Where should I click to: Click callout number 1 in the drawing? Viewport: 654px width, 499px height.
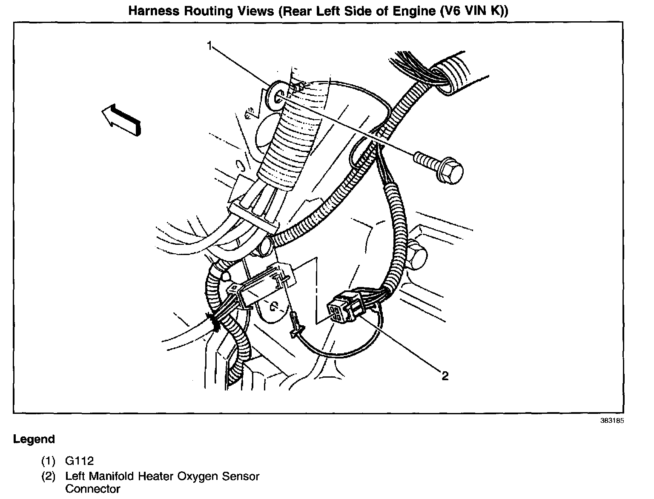pyautogui.click(x=209, y=46)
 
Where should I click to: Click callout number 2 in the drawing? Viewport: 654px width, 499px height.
pyautogui.click(x=445, y=376)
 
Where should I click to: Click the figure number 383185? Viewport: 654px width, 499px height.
pyautogui.click(x=612, y=421)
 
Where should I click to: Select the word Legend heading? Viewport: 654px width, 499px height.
pyautogui.click(x=34, y=439)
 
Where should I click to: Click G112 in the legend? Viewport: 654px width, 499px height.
pyautogui.click(x=79, y=461)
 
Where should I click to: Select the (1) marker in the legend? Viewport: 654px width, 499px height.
pyautogui.click(x=48, y=461)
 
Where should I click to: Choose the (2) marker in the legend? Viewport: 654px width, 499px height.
pyautogui.click(x=48, y=476)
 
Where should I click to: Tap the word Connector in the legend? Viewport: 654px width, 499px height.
pyautogui.click(x=93, y=489)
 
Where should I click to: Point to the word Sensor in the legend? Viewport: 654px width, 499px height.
pyautogui.click(x=241, y=476)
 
